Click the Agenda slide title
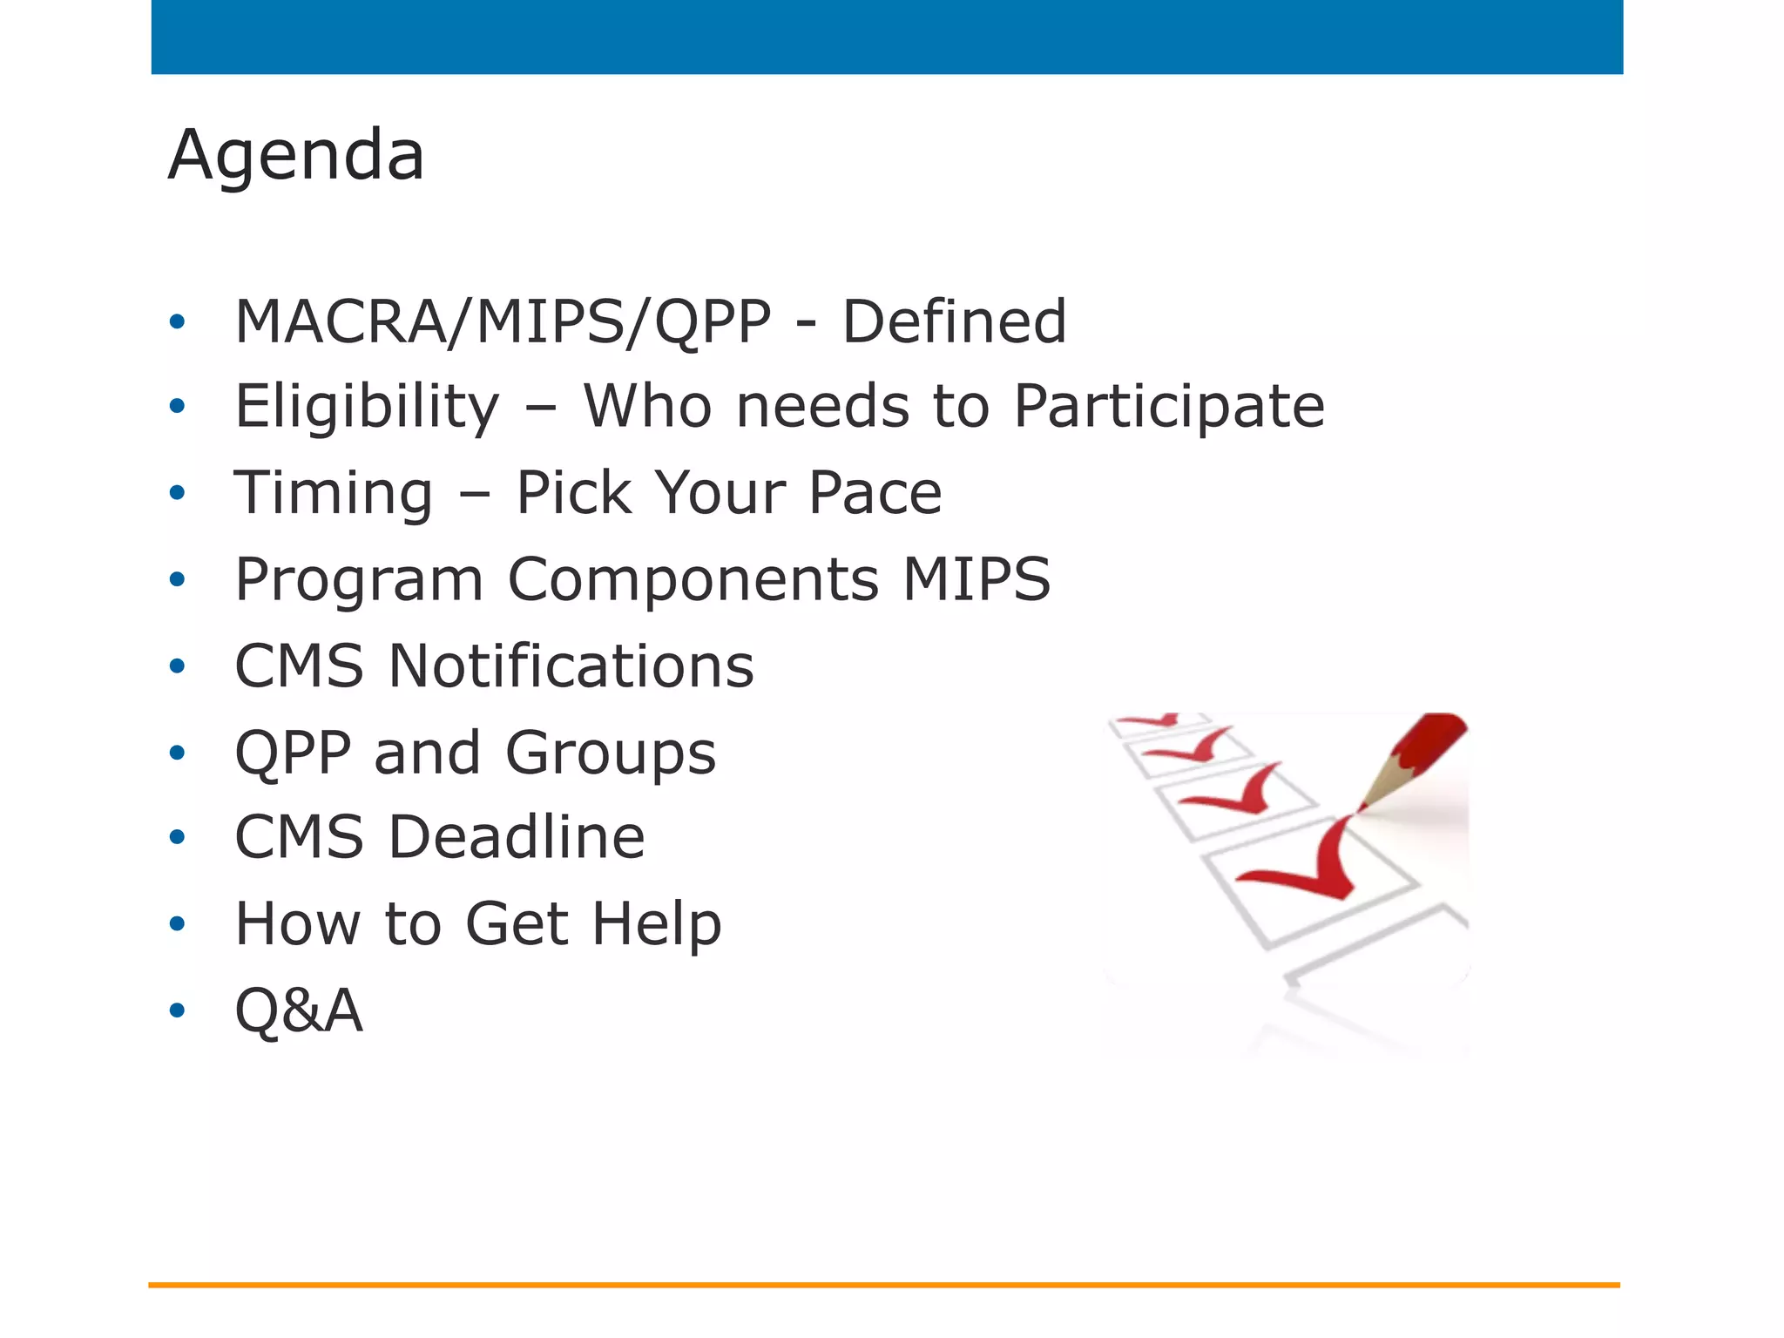[x=296, y=155]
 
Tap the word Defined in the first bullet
[x=954, y=321]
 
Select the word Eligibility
[x=368, y=407]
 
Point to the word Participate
[x=1169, y=407]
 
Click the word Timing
[x=334, y=493]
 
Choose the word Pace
[x=875, y=493]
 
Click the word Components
[x=693, y=579]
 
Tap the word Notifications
[x=571, y=666]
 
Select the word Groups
[x=610, y=753]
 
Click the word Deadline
[x=516, y=837]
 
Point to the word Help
[x=657, y=923]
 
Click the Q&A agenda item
[x=299, y=1010]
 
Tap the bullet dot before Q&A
[x=178, y=1010]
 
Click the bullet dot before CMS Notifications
[x=178, y=666]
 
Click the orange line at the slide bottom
[x=883, y=1285]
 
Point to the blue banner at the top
[x=887, y=37]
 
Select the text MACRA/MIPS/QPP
[x=503, y=321]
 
